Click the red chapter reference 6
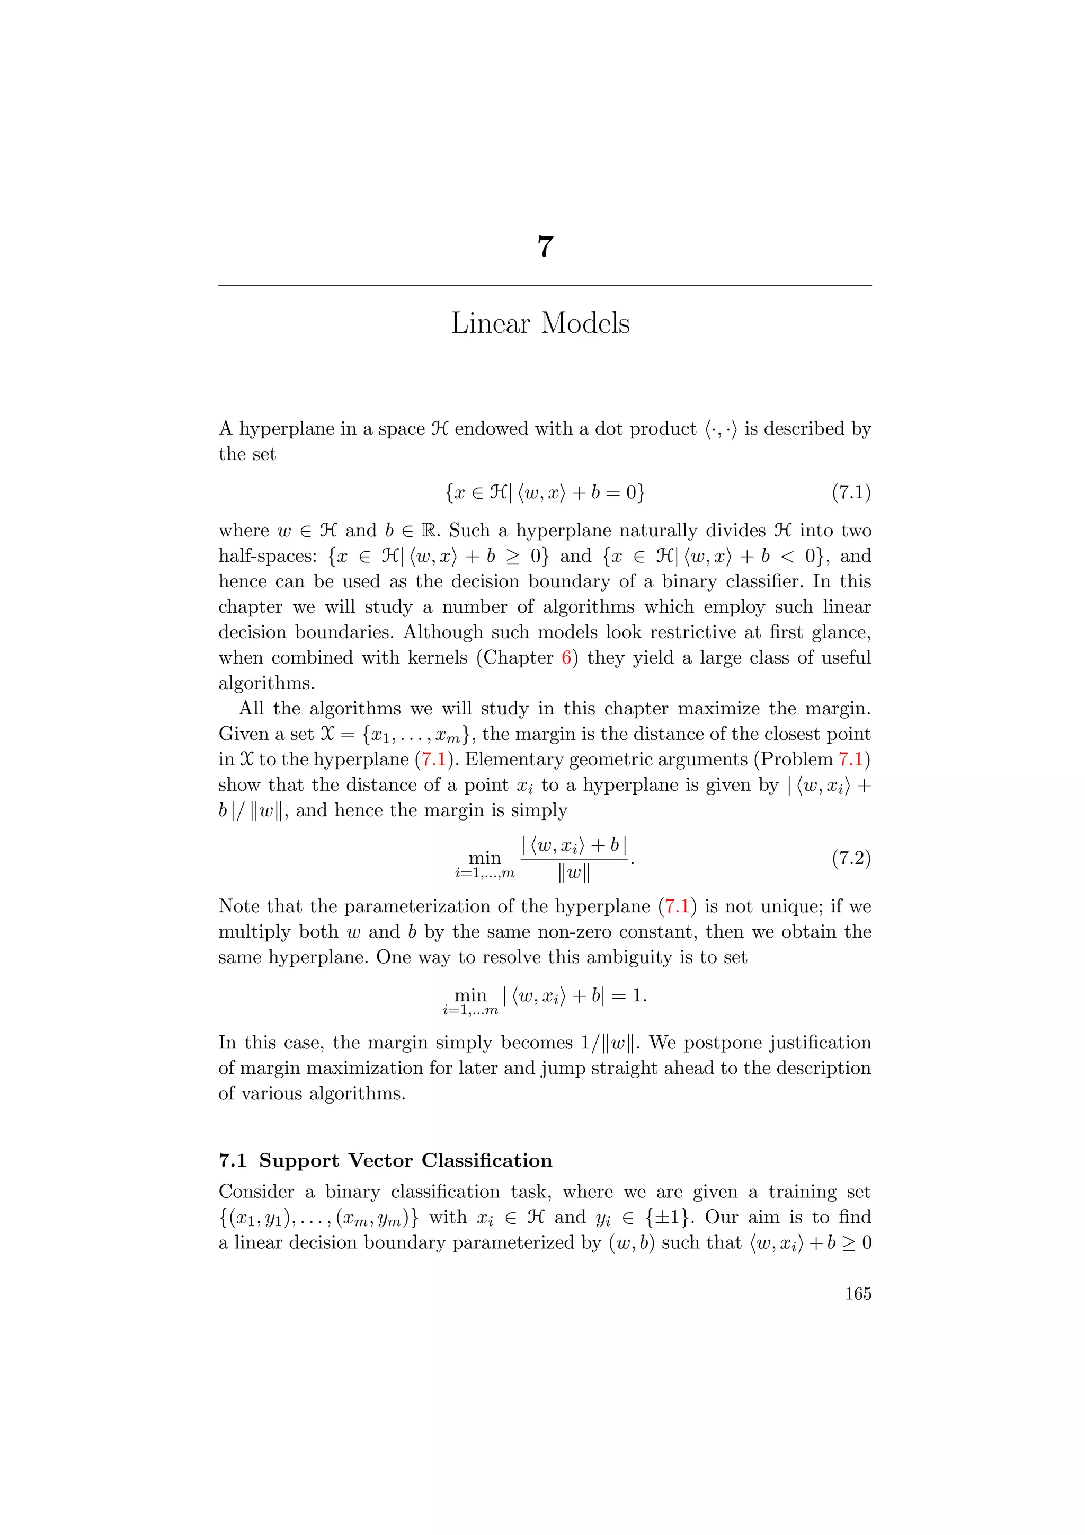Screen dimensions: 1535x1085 [566, 658]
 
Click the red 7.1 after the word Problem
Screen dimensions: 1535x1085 [850, 760]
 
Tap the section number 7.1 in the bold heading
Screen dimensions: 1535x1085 [233, 1161]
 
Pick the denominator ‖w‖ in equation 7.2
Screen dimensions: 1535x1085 [573, 873]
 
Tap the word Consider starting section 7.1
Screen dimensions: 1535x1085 [257, 1192]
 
